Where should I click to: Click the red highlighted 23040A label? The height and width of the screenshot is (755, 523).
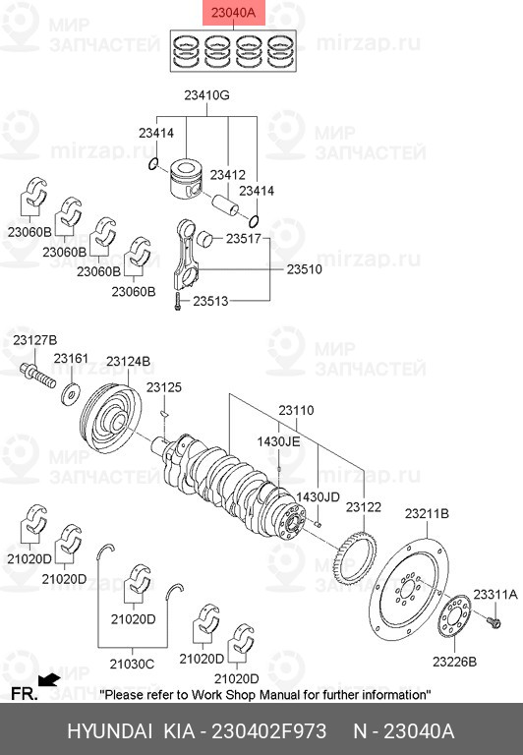pyautogui.click(x=232, y=12)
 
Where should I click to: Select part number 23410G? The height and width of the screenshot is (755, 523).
pyautogui.click(x=206, y=96)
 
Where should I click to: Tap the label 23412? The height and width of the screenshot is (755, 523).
pyautogui.click(x=228, y=174)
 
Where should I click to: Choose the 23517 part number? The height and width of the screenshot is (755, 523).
pyautogui.click(x=243, y=238)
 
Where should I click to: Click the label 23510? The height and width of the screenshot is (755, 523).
pyautogui.click(x=305, y=267)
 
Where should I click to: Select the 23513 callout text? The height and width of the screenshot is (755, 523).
pyautogui.click(x=210, y=302)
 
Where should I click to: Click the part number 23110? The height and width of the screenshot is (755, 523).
pyautogui.click(x=295, y=410)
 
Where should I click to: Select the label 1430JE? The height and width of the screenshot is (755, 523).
pyautogui.click(x=278, y=441)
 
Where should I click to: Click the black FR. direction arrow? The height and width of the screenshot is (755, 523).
pyautogui.click(x=48, y=678)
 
